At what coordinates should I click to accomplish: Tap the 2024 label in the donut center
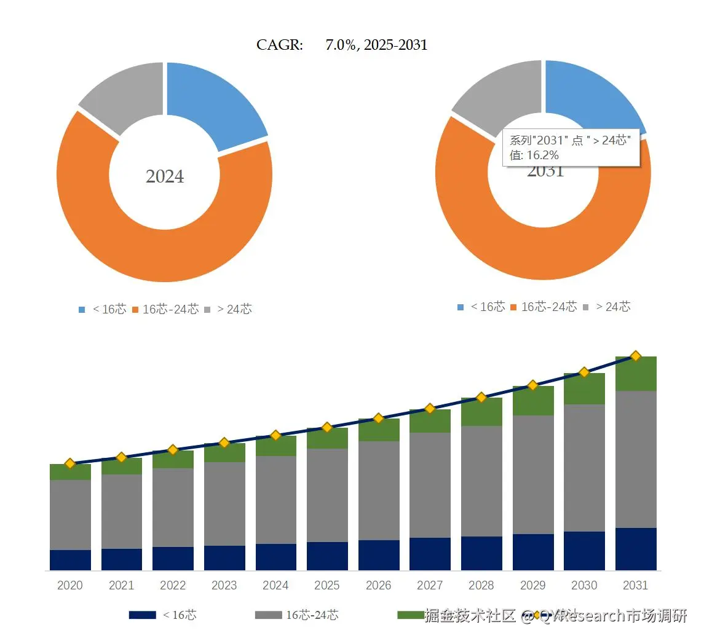pos(165,176)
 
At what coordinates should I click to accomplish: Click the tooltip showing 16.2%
pos(571,147)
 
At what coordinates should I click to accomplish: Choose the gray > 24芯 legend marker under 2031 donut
pos(585,307)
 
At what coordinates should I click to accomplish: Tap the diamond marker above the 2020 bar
pos(70,463)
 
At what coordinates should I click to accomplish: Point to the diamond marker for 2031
pos(636,356)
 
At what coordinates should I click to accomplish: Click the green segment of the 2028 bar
pos(481,412)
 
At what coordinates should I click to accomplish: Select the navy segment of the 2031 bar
pos(636,549)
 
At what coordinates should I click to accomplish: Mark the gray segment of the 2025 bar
pos(327,495)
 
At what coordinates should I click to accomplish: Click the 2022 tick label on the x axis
pos(173,586)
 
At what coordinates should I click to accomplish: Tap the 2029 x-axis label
pos(532,586)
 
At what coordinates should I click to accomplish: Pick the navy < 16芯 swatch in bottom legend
pos(142,615)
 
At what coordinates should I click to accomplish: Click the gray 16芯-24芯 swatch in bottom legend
pos(268,615)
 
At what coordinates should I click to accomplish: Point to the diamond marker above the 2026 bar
pos(379,418)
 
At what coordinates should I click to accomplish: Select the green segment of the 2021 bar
pos(122,466)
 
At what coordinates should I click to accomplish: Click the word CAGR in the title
pos(280,45)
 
